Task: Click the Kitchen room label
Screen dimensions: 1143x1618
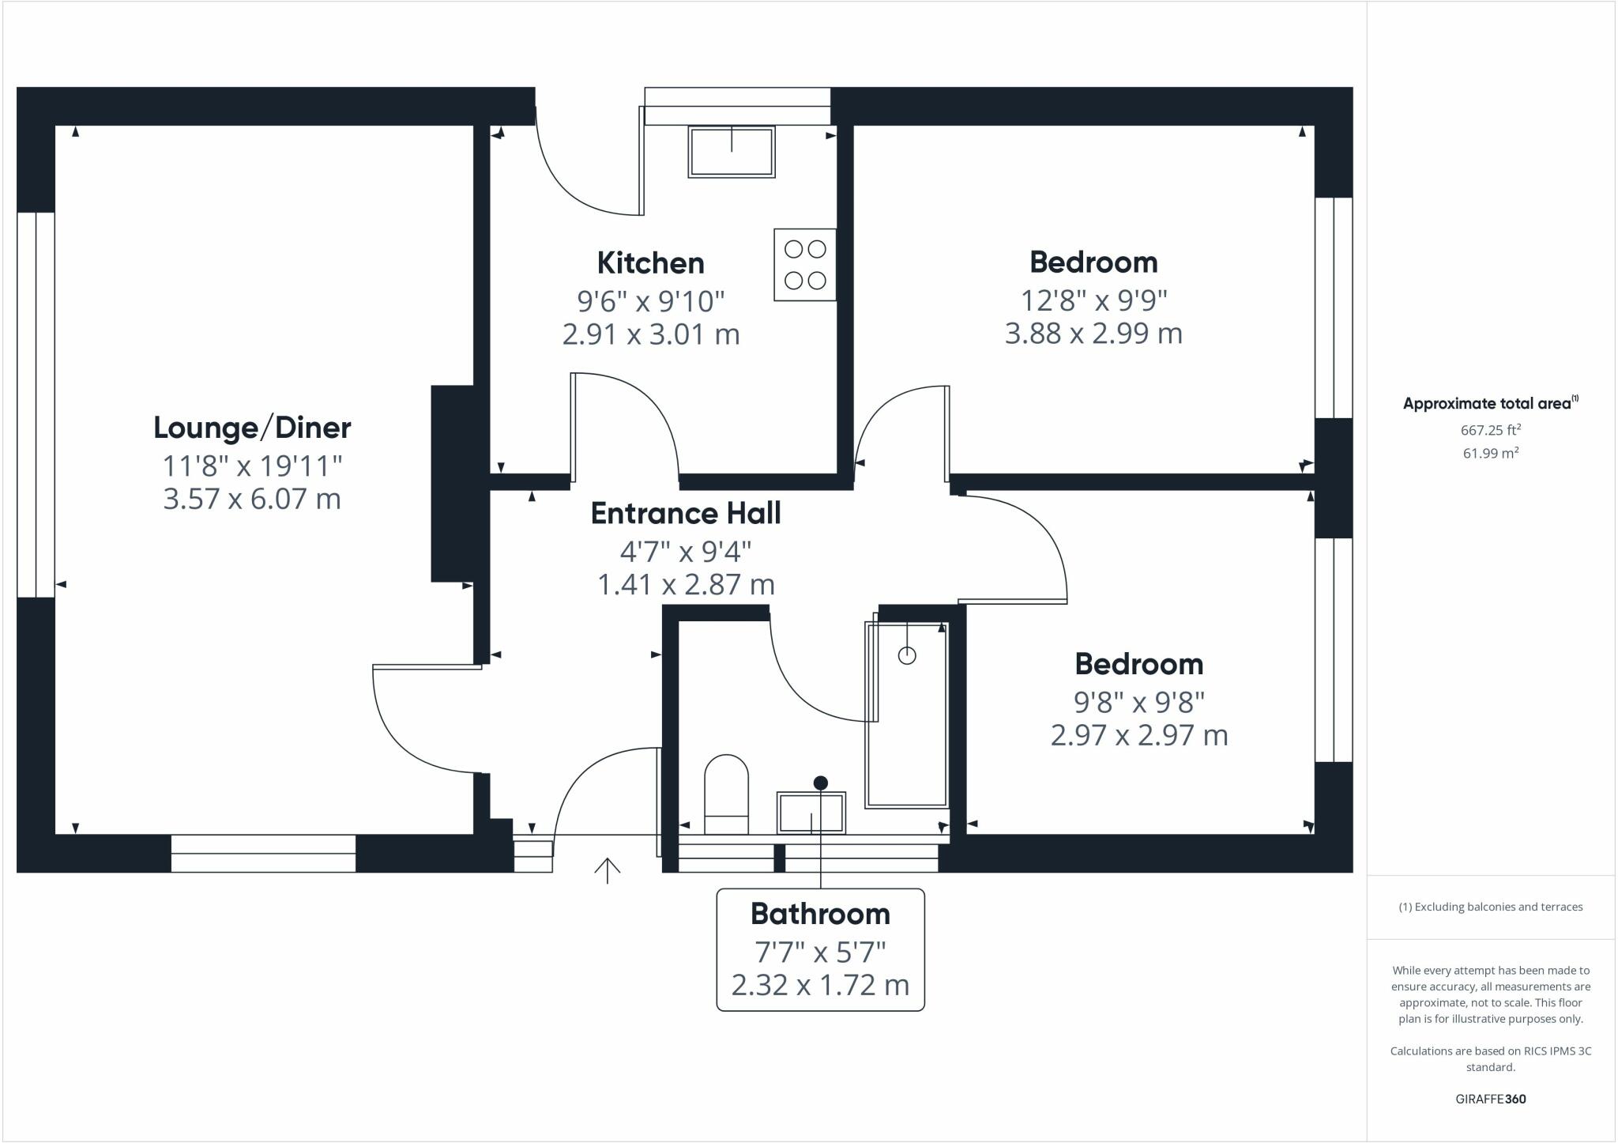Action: [650, 262]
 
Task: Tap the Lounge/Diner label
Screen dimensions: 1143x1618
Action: [252, 428]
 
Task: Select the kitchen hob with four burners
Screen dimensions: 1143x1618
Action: [805, 265]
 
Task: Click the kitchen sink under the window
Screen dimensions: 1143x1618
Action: [731, 151]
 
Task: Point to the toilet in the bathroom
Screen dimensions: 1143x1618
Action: [726, 794]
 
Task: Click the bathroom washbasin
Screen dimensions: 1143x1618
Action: [811, 813]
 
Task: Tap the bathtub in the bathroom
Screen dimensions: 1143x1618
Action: [907, 715]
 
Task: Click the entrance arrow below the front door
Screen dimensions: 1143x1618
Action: [607, 870]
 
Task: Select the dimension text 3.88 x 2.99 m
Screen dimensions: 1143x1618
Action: [1093, 334]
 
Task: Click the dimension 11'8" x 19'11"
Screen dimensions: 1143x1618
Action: [252, 466]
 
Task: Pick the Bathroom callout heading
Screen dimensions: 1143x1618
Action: [820, 914]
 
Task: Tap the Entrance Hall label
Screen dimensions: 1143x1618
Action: [686, 513]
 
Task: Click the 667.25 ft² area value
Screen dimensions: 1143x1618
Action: [1490, 430]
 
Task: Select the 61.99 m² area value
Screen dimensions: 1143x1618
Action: [1490, 453]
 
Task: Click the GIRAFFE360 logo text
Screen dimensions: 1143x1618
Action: [1490, 1099]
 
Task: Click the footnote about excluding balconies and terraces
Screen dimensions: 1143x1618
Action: [1490, 907]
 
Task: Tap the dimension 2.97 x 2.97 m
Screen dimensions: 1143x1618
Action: [1138, 736]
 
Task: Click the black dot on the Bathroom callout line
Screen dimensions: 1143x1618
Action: [821, 783]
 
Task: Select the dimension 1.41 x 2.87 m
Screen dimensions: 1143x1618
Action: [686, 585]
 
